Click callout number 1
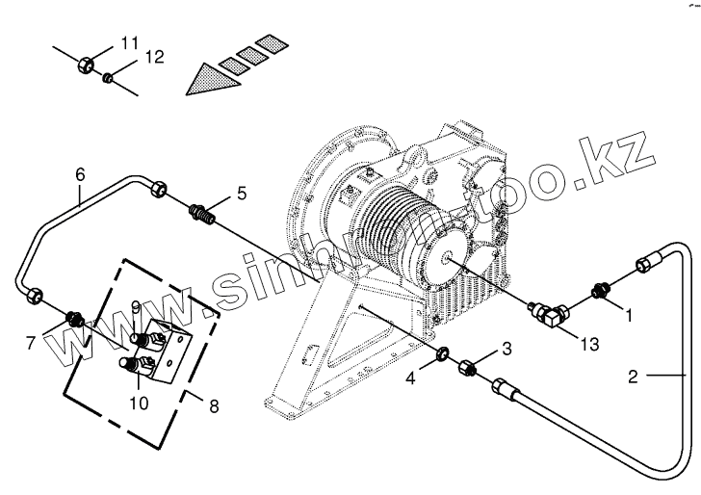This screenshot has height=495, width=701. [629, 314]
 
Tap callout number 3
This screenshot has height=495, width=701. [506, 348]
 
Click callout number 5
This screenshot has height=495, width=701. [241, 194]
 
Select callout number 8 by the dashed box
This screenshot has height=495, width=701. [213, 405]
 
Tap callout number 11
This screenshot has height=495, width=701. [129, 42]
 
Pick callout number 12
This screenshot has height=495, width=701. [154, 58]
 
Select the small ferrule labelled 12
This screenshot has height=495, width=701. [110, 76]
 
